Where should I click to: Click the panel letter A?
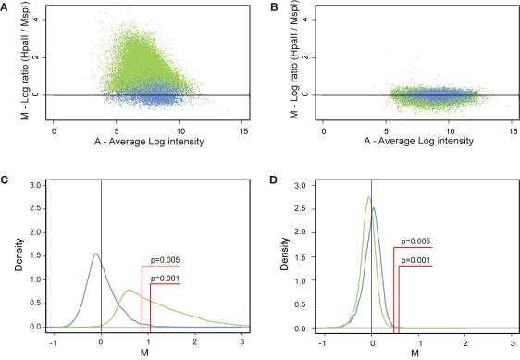pos(6,6)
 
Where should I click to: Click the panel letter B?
pos(273,6)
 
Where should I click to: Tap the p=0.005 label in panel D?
pos(417,242)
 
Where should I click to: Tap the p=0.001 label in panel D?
pos(417,260)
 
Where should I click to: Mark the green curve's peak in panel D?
pos(368,196)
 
